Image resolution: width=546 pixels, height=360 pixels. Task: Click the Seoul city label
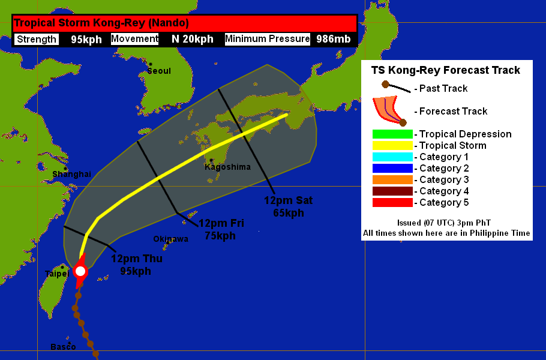[x=159, y=71]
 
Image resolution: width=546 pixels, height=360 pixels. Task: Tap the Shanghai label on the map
[x=71, y=174]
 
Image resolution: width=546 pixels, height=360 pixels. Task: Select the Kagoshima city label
[x=227, y=167]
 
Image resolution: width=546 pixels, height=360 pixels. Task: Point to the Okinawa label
[x=170, y=239]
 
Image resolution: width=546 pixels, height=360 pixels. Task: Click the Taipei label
[x=57, y=274]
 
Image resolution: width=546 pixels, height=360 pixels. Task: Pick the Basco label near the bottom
[x=63, y=347]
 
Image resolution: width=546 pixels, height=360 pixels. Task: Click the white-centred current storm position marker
[x=80, y=271]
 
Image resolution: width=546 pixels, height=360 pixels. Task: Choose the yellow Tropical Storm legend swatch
[x=392, y=146]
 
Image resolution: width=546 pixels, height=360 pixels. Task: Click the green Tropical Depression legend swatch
[x=392, y=134]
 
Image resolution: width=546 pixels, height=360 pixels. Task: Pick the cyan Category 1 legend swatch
[x=392, y=157]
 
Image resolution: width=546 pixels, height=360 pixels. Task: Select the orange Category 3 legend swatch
[x=392, y=180]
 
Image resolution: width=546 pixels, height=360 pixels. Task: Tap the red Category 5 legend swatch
[x=392, y=203]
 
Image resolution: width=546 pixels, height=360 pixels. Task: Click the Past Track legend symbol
[x=396, y=88]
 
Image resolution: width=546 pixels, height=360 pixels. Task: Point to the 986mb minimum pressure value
[x=334, y=40]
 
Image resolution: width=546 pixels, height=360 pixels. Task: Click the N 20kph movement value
[x=192, y=40]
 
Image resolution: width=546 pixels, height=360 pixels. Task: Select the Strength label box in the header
[x=37, y=40]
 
